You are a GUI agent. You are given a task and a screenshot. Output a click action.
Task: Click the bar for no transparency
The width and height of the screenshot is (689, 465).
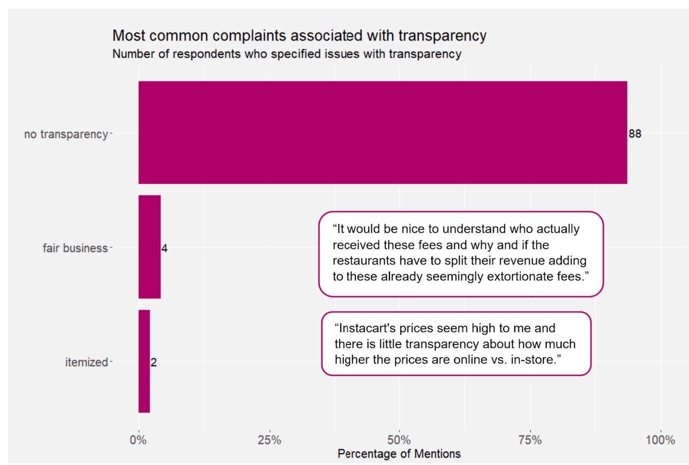382,133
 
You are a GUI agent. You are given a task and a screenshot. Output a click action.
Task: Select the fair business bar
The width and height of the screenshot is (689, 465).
150,247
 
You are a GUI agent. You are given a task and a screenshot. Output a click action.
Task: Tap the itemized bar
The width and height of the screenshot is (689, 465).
144,361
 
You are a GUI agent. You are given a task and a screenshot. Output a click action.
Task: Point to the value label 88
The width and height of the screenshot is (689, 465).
635,134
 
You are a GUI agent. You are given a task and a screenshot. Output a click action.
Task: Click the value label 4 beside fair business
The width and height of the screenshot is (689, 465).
164,248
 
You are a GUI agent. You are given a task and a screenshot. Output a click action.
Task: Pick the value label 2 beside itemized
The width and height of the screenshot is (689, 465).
153,363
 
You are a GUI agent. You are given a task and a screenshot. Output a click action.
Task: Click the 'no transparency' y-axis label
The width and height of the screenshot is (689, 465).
66,134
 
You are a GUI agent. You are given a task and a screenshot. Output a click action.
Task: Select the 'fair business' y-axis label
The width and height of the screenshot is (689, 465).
75,248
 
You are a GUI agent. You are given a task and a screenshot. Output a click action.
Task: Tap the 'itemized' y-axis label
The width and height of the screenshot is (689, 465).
87,362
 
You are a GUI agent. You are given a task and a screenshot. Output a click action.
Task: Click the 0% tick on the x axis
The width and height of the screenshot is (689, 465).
138,440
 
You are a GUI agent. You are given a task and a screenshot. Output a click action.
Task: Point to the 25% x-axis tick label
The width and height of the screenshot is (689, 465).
269,440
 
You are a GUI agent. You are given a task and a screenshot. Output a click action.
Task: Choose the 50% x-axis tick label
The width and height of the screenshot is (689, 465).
399,440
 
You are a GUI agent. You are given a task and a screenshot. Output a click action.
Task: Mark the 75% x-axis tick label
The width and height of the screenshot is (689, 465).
530,440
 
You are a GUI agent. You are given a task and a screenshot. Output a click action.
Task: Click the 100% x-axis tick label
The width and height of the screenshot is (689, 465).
660,440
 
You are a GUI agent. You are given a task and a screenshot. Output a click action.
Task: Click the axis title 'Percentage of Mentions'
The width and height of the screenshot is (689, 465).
399,454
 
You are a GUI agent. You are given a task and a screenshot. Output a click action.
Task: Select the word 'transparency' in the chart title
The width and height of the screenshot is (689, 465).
442,36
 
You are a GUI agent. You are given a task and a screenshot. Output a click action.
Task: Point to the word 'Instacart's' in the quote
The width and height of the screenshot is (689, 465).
365,328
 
